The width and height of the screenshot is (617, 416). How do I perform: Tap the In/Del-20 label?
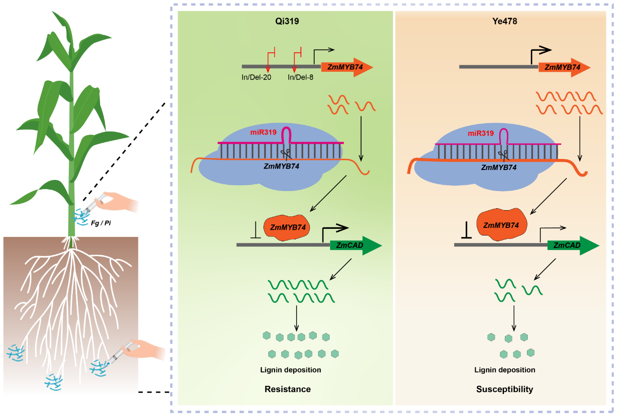coord(257,77)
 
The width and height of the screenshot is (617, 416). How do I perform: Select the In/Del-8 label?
coord(300,77)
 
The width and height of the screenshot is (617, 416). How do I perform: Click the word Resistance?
coord(287,389)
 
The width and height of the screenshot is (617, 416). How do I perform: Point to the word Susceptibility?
coord(504,389)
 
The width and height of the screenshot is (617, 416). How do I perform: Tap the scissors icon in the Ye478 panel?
coord(502,155)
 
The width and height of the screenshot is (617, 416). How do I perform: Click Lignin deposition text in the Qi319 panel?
coord(291,370)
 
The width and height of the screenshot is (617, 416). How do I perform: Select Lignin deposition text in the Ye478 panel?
coord(505,370)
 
